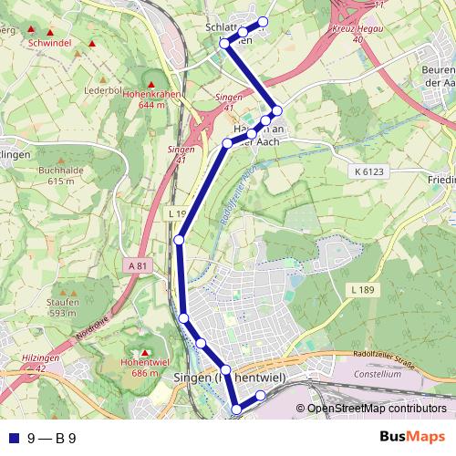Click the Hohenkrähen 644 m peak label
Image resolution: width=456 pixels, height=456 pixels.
click(x=152, y=99)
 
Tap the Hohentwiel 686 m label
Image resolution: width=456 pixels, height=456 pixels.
click(x=145, y=368)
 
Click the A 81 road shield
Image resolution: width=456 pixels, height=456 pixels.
click(x=138, y=265)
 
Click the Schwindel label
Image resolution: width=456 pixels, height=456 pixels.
click(x=49, y=43)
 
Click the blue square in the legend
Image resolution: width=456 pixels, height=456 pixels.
click(x=13, y=439)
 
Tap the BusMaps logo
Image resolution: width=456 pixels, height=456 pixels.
click(x=412, y=439)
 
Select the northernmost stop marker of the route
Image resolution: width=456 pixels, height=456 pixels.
click(x=264, y=22)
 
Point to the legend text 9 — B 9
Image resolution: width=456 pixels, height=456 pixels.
click(x=51, y=439)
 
